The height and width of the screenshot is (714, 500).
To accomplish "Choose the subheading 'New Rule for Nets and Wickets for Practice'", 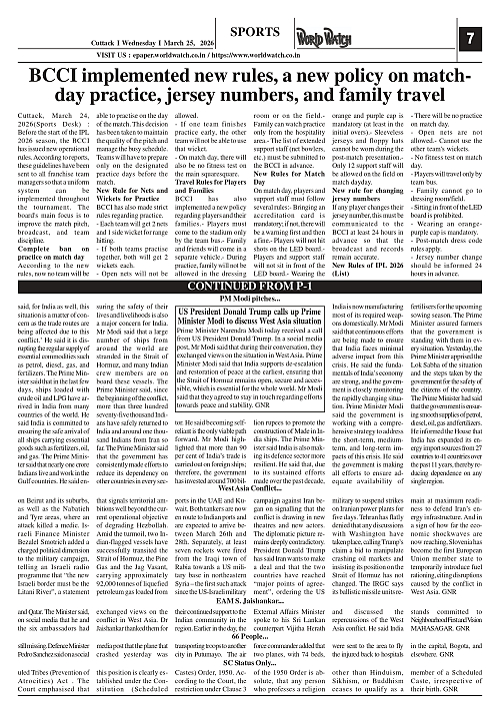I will click(x=141, y=191).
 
